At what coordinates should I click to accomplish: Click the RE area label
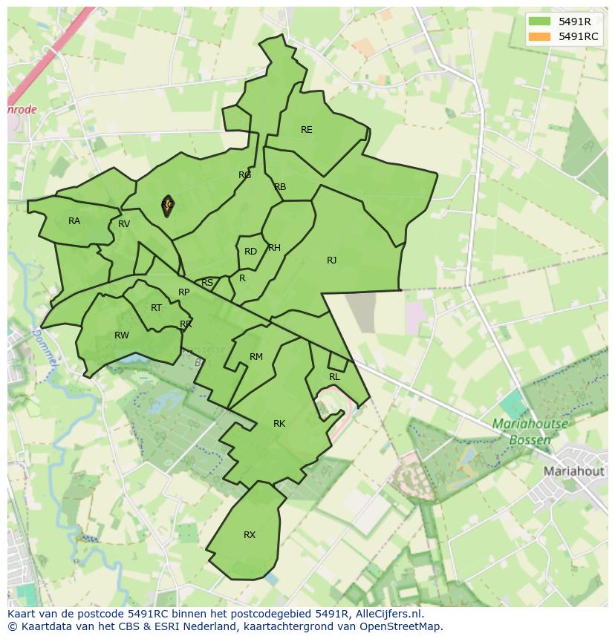pyautogui.click(x=306, y=130)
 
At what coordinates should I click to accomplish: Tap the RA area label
pyautogui.click(x=74, y=221)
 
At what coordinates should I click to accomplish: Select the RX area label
pyautogui.click(x=250, y=535)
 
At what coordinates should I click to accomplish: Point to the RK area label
pyautogui.click(x=279, y=424)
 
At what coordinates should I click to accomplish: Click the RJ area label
pyautogui.click(x=331, y=260)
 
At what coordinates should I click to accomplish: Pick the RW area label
pyautogui.click(x=122, y=335)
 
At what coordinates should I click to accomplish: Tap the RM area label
pyautogui.click(x=256, y=357)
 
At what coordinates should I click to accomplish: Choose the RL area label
pyautogui.click(x=334, y=377)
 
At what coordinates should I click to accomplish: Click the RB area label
pyautogui.click(x=280, y=187)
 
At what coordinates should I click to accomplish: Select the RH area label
pyautogui.click(x=274, y=248)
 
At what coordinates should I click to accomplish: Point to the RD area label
pyautogui.click(x=250, y=252)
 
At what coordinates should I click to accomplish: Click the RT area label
pyautogui.click(x=156, y=308)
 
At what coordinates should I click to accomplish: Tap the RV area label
pyautogui.click(x=124, y=224)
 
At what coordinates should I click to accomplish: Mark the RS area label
pyautogui.click(x=207, y=283)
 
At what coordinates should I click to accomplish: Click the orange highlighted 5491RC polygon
pyautogui.click(x=167, y=207)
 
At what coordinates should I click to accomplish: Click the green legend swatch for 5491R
pyautogui.click(x=540, y=22)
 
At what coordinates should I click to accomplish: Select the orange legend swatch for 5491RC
pyautogui.click(x=540, y=36)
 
